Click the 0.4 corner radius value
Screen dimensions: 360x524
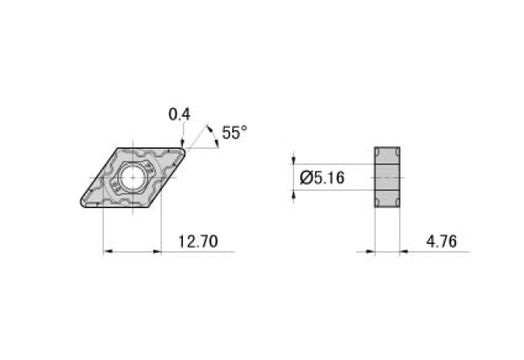tap(180, 115)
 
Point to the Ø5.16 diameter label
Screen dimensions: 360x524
tap(322, 178)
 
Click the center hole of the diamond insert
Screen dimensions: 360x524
tap(131, 177)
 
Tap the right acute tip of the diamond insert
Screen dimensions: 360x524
tap(183, 149)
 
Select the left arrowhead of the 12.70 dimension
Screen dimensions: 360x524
tap(109, 252)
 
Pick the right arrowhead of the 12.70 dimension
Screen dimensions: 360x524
tap(156, 252)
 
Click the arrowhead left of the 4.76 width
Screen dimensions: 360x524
tap(370, 252)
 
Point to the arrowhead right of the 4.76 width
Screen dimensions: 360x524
tap(406, 252)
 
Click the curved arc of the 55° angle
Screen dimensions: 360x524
tap(211, 134)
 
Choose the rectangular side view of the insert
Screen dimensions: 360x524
tap(388, 178)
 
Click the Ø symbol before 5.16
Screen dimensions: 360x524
tap(306, 178)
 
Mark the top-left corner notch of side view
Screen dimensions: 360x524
tap(378, 150)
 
